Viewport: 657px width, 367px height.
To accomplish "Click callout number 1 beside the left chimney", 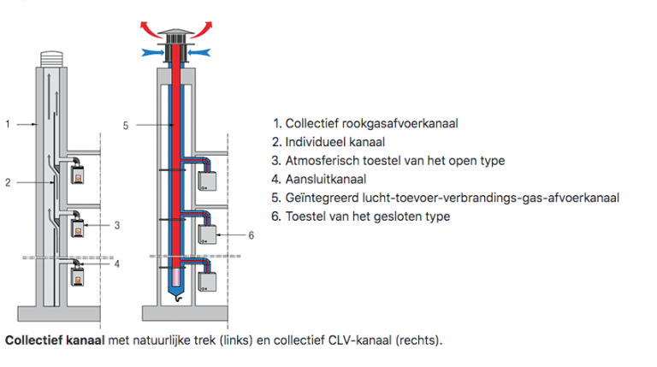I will point(8,124).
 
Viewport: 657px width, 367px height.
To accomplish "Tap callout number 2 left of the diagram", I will point(8,181).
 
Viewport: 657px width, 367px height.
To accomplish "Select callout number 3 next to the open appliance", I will point(117,225).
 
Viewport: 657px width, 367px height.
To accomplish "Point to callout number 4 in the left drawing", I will point(117,263).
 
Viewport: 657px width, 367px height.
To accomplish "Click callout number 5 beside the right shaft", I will point(126,125).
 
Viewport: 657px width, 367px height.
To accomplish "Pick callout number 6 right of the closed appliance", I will point(251,234).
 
